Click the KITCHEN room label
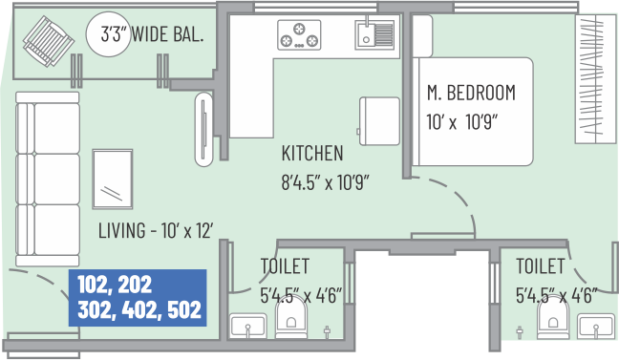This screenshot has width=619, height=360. point(312,153)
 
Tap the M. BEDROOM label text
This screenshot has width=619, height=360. point(471,93)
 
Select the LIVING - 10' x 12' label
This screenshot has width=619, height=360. point(156,230)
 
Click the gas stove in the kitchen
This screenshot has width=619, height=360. point(299,35)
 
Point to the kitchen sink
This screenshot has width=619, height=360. point(374,34)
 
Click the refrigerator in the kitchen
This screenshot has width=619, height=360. point(379,121)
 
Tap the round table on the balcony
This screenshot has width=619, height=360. point(108,34)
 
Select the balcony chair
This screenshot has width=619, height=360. point(49,41)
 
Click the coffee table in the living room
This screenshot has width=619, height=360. point(113,179)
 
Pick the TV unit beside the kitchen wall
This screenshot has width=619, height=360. point(204,129)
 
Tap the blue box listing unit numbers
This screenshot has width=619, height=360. point(138,298)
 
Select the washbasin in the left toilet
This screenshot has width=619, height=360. point(248,326)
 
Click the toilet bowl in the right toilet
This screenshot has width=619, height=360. point(553,319)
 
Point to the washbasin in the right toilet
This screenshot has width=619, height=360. point(596,326)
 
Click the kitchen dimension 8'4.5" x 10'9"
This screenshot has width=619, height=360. point(325,182)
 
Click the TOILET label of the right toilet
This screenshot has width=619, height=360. point(540,266)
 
